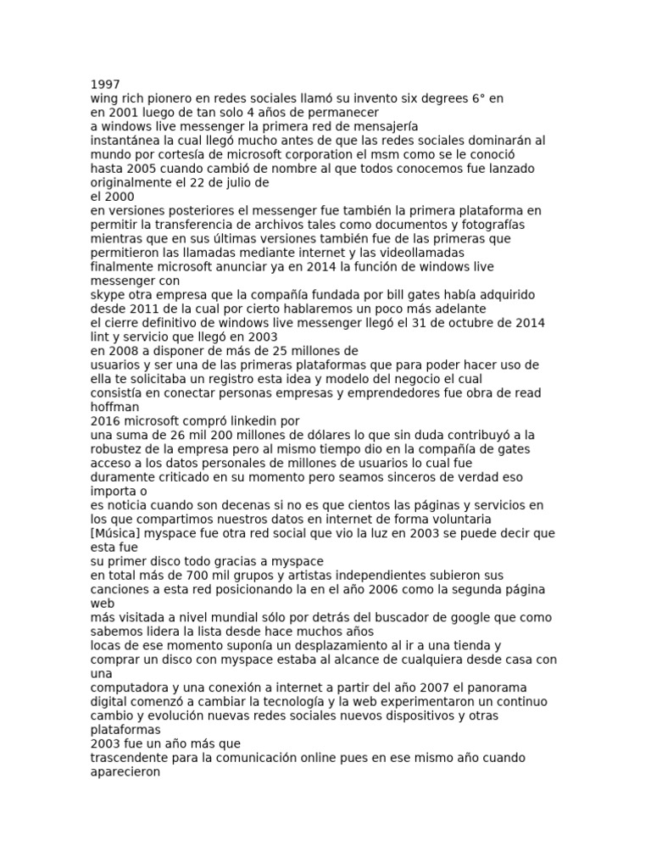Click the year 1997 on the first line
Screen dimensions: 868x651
[105, 85]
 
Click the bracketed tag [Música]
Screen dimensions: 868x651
[119, 533]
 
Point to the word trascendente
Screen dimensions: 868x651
[134, 758]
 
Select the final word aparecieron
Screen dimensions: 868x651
[125, 771]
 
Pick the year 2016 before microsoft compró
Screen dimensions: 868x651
[106, 421]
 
